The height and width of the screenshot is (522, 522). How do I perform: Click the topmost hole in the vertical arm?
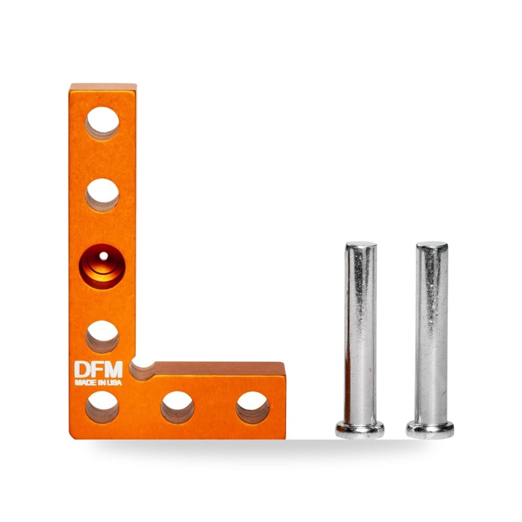pos(102,123)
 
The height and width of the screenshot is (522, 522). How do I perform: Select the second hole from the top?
pos(102,195)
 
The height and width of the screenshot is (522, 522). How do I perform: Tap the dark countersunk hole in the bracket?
pos(102,266)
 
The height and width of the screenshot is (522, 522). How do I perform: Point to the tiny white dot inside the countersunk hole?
pos(103,256)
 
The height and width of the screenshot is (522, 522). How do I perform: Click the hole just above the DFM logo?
pos(102,337)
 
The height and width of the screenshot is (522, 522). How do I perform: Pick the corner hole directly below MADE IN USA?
pos(102,407)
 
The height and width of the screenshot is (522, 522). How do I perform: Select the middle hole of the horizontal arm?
pos(177,407)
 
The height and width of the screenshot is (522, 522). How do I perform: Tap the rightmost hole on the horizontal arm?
pos(253,407)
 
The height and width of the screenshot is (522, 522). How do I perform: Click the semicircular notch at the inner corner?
pos(142,370)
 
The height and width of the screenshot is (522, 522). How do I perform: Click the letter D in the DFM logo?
pos(81,370)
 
